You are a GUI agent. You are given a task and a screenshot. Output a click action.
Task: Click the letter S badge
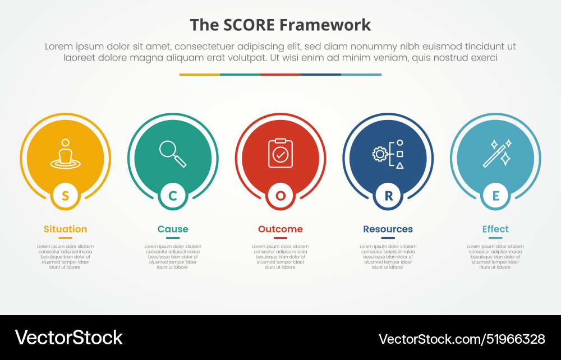pos(66,196)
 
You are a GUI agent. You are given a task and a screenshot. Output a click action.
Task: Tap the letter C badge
pos(173,196)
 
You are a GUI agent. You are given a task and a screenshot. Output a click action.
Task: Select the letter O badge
pos(280,196)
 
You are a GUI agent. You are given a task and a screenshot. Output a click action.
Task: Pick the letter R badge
pos(388,196)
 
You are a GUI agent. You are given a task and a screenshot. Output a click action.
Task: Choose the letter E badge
pos(495,196)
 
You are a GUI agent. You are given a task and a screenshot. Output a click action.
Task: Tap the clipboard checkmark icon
pos(280,153)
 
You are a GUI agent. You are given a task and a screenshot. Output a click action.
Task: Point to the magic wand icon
pos(497,153)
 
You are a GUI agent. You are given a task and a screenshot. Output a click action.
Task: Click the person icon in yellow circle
pos(66,153)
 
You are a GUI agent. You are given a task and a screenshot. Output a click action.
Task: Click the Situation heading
pos(66,229)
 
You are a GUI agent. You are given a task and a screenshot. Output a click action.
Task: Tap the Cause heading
pos(173,229)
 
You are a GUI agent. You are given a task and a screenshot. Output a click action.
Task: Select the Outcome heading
pos(280,229)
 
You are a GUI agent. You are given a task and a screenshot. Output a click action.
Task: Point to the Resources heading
pos(388,229)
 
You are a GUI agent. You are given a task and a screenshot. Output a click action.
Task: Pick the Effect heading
pos(495,229)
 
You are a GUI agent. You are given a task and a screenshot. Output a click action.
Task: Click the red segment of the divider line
pos(280,74)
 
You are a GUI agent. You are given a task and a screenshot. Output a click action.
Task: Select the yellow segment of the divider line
pos(200,74)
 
